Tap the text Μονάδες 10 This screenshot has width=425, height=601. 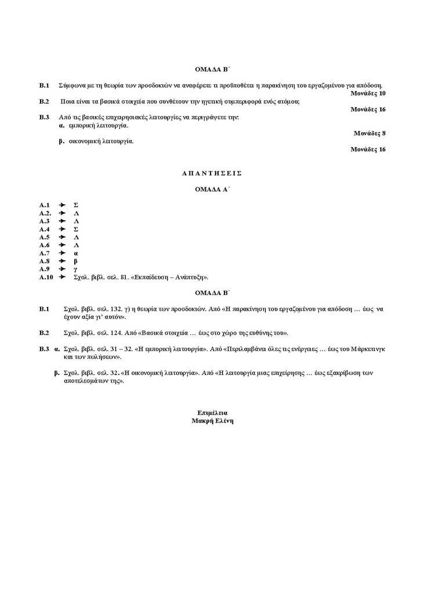click(368, 93)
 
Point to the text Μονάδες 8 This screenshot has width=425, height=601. click(369, 133)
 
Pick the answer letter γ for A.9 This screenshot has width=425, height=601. click(75, 269)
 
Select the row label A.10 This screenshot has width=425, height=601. click(46, 278)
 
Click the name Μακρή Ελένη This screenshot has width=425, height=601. click(212, 421)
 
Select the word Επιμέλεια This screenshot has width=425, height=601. click(212, 413)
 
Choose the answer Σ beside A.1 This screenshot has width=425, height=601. click(76, 205)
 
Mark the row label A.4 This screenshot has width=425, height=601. click(45, 229)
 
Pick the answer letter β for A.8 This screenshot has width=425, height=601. click(75, 261)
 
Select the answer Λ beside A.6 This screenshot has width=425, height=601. click(76, 245)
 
